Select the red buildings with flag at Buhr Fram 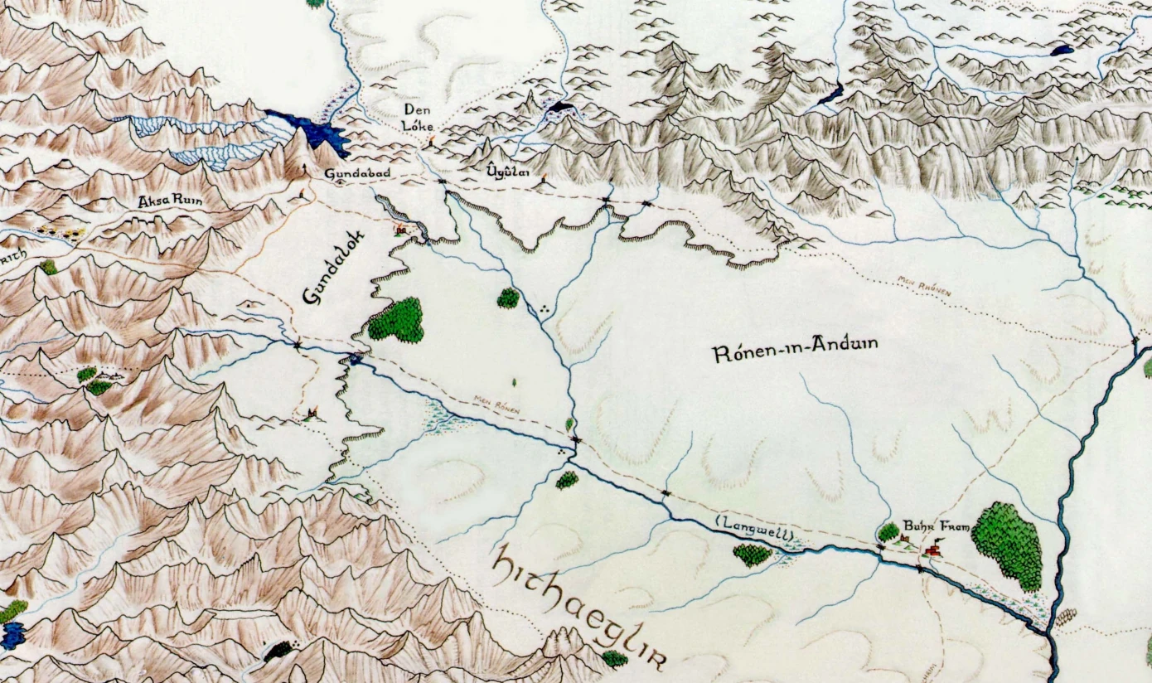(933, 549)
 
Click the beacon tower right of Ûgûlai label (544, 180)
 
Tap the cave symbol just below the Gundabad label (340, 185)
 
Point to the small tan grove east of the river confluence (1066, 618)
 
